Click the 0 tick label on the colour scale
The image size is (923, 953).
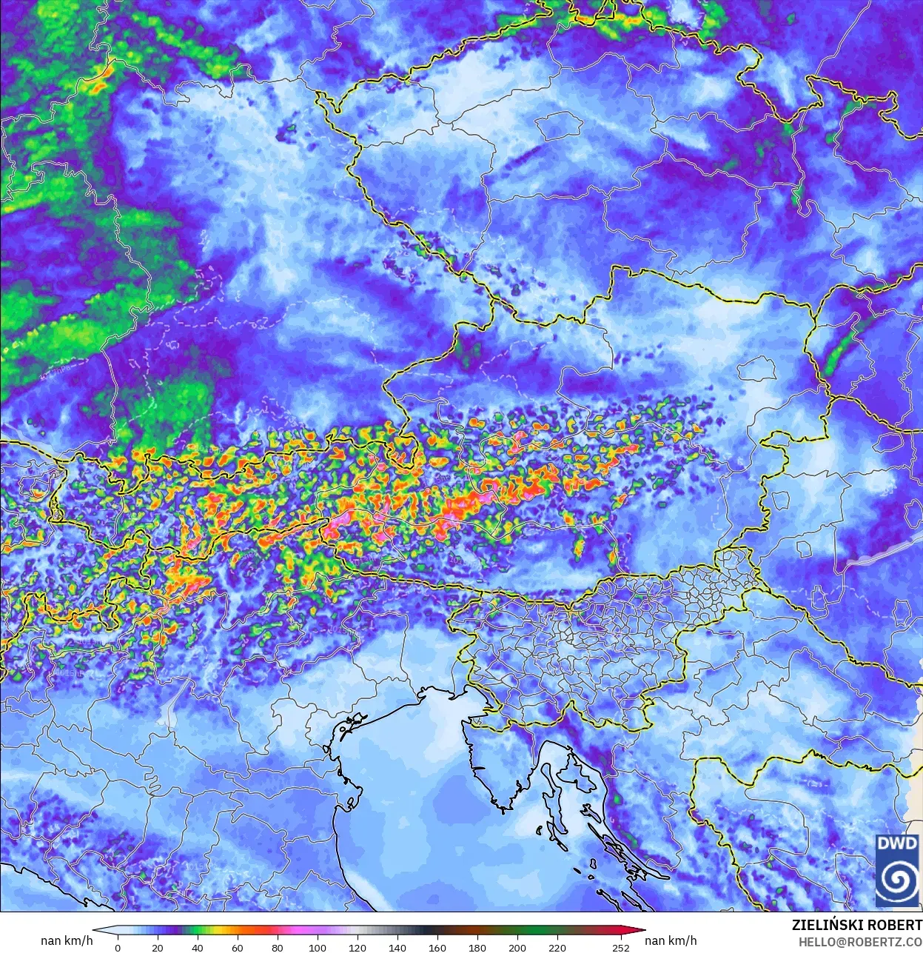click(x=118, y=947)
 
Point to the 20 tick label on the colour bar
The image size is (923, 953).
click(x=158, y=947)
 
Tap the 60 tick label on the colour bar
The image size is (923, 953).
click(x=238, y=947)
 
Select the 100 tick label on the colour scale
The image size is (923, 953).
click(x=318, y=947)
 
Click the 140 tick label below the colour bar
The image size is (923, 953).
click(x=397, y=947)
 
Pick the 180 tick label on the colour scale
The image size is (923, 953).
click(x=477, y=947)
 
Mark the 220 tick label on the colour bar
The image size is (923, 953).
click(x=557, y=947)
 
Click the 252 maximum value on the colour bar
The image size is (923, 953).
click(x=621, y=947)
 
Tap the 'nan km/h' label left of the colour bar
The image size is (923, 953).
click(x=67, y=940)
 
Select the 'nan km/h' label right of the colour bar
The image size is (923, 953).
click(x=671, y=940)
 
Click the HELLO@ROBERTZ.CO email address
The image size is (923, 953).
click(x=860, y=942)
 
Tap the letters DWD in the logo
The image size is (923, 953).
click(x=896, y=843)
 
